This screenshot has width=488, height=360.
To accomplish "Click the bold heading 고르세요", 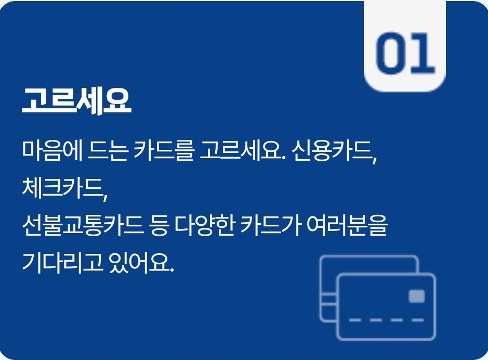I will pos(76,101).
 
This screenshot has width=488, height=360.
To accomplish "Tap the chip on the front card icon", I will pos(417,297).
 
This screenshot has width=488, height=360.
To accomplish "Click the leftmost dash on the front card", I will pos(355,320).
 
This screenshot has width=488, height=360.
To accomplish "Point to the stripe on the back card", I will pos(327,300).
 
